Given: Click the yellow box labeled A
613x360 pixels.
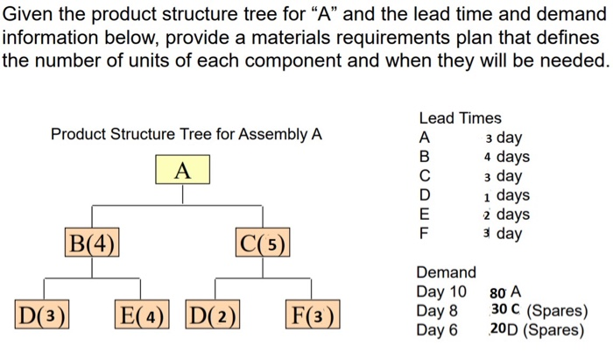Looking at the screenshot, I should pyautogui.click(x=182, y=169).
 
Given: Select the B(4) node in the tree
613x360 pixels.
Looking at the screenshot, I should pyautogui.click(x=92, y=241).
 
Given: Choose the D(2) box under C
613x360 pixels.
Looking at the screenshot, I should pyautogui.click(x=214, y=313).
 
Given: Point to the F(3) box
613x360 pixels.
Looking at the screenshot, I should pyautogui.click(x=313, y=313).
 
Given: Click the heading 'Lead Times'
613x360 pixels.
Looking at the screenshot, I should pyautogui.click(x=460, y=118).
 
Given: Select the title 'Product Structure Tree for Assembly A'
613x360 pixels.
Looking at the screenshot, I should pyautogui.click(x=186, y=135).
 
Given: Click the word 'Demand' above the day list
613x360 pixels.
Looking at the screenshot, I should pyautogui.click(x=446, y=272).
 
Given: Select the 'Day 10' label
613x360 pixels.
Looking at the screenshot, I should pyautogui.click(x=441, y=292).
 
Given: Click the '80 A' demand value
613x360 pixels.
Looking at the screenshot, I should pyautogui.click(x=505, y=292).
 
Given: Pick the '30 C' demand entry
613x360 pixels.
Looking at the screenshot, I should pyautogui.click(x=505, y=311).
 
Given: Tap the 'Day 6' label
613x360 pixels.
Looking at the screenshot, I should pyautogui.click(x=437, y=330).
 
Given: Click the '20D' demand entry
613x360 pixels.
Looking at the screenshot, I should pyautogui.click(x=505, y=330).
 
